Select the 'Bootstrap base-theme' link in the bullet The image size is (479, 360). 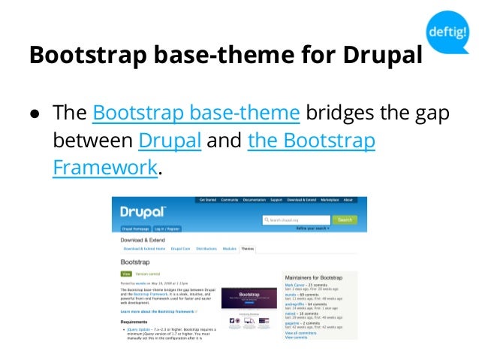(196, 114)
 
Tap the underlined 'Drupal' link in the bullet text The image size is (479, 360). (170, 141)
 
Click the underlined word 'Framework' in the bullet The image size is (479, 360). (105, 167)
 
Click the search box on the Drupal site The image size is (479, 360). (296, 219)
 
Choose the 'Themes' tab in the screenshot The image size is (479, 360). (247, 247)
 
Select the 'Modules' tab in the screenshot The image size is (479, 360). (229, 247)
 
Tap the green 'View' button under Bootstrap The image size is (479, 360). (126, 274)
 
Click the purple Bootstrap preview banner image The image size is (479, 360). (245, 298)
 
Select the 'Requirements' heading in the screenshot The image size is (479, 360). (134, 321)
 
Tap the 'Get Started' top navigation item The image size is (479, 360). (206, 200)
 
